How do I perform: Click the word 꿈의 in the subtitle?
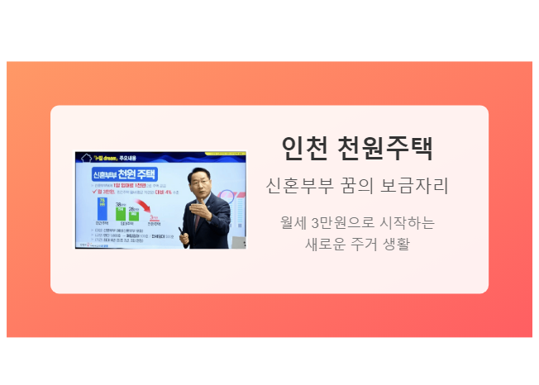coord(354,186)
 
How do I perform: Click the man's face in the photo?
coord(203,184)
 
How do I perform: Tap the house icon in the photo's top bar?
coord(84,156)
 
